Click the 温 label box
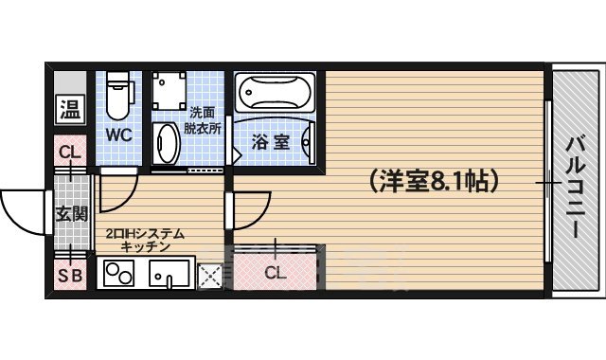click(x=69, y=109)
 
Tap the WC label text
click(x=118, y=134)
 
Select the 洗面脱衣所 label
click(x=204, y=119)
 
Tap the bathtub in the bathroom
click(x=275, y=94)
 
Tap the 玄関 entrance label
click(x=69, y=213)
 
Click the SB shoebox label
click(x=69, y=277)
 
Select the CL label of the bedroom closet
click(x=275, y=274)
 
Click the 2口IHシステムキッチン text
click(x=144, y=239)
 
